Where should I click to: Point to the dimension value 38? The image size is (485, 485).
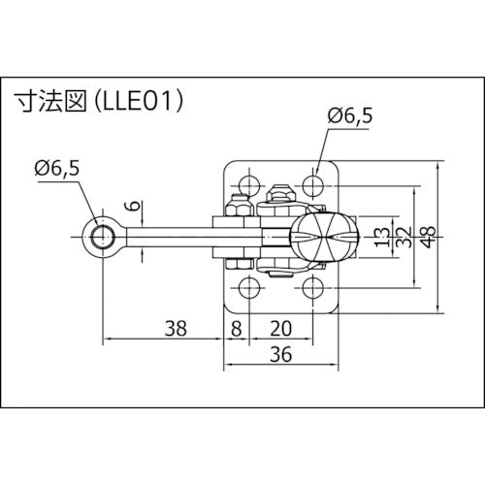175,328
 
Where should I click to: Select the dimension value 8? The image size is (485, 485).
237,328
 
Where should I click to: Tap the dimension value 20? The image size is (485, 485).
281,328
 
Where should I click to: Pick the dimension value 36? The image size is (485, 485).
281,356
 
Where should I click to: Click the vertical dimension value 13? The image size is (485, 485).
379,236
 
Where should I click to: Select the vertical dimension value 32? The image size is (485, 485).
401,236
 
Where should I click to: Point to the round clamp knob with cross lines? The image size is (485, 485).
317,236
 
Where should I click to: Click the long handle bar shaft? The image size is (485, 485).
165,236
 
